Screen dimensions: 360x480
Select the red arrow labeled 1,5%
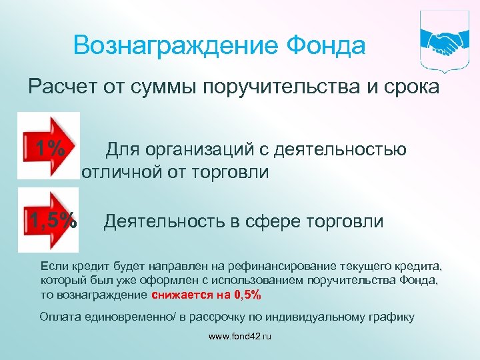tap(51, 219)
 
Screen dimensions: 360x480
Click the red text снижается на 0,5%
tap(207, 295)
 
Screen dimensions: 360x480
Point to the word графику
tap(392, 316)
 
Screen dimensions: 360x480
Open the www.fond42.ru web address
tap(240, 337)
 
